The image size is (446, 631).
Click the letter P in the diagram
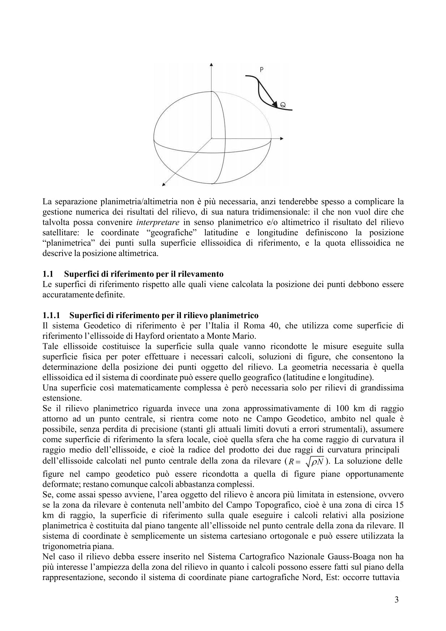[261, 69]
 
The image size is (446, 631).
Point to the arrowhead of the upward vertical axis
[212, 66]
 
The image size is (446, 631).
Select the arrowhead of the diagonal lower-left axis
[163, 184]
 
